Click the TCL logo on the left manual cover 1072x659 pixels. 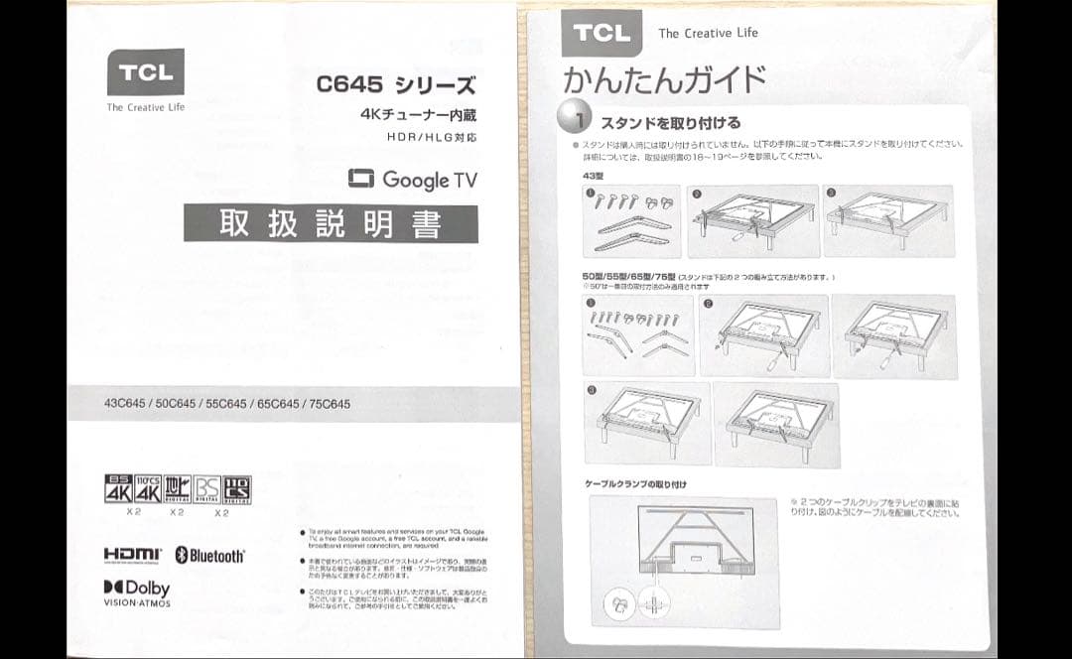point(146,72)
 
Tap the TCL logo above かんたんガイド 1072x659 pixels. point(602,34)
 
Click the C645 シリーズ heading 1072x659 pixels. point(395,84)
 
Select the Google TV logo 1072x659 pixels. point(413,180)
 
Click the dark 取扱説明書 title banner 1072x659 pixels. point(331,223)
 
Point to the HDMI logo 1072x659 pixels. point(132,554)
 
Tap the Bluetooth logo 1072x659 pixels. point(209,555)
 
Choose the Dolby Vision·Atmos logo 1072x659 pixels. point(137,593)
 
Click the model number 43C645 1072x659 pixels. point(124,404)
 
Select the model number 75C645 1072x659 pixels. point(330,404)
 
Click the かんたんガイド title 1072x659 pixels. point(664,79)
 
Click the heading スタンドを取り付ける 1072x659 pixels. point(670,123)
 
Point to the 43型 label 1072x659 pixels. point(594,175)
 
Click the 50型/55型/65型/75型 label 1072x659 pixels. point(629,276)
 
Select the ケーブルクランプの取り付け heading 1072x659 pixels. point(636,484)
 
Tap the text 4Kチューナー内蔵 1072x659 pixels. point(417,114)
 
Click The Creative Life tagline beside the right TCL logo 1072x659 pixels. point(708,33)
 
